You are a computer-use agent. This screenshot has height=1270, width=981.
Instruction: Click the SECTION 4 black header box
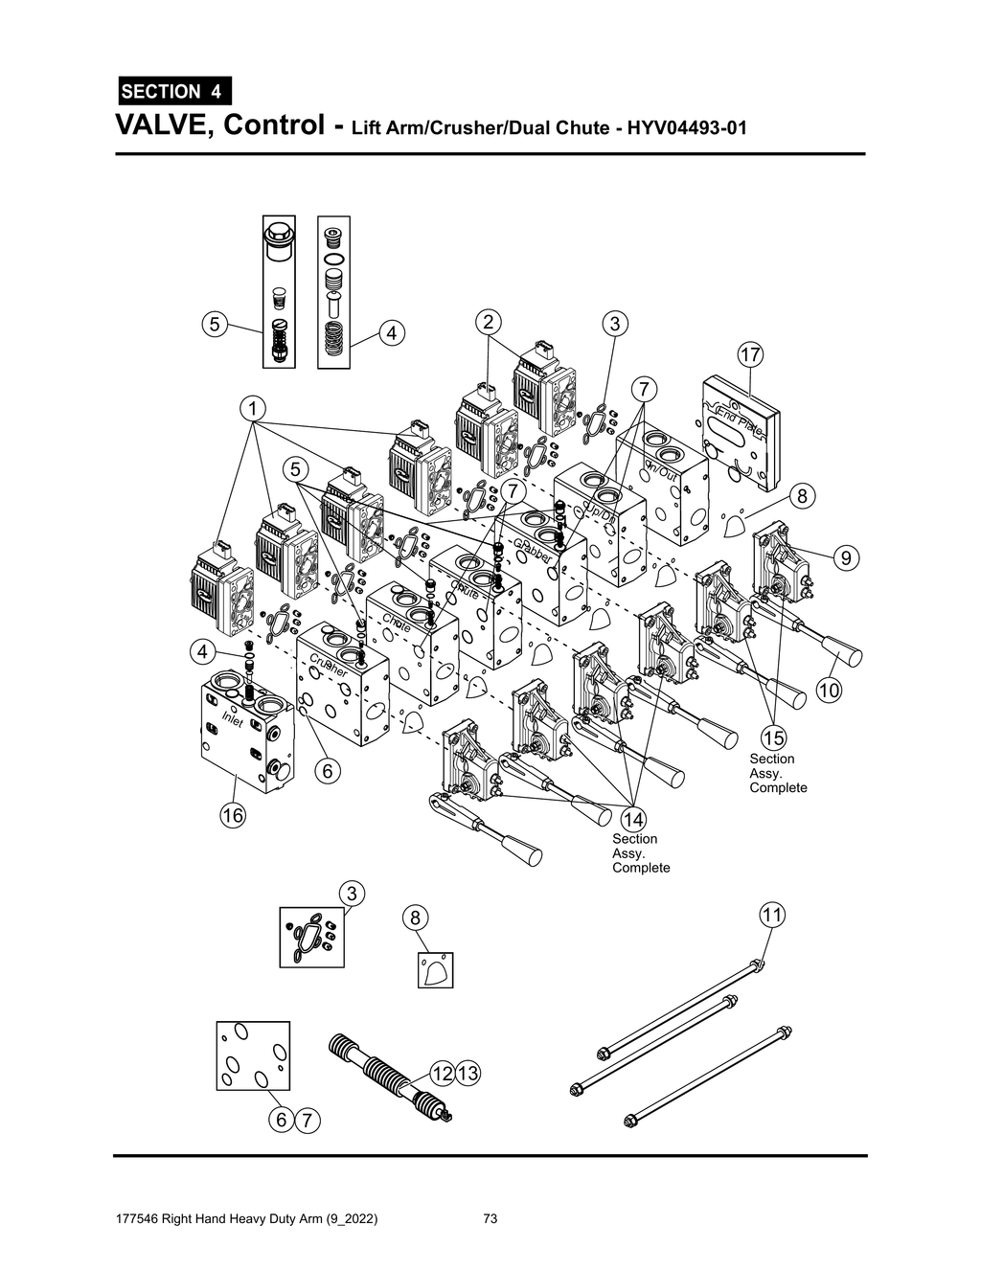pos(173,92)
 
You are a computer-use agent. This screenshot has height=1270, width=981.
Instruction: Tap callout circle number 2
pos(489,322)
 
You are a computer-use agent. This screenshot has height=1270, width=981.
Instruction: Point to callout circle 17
pos(749,355)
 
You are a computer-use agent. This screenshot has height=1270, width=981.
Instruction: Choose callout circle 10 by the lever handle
pos(829,690)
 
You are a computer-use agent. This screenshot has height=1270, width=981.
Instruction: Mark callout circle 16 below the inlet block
pos(233,815)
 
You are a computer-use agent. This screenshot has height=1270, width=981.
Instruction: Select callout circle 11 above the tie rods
pos(772,915)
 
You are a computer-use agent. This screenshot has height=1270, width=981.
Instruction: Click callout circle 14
pos(633,819)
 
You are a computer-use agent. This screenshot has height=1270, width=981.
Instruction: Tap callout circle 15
pos(773,737)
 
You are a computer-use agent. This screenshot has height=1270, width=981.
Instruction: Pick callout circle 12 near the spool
pos(442,1074)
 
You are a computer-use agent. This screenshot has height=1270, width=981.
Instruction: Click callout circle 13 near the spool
pos(467,1074)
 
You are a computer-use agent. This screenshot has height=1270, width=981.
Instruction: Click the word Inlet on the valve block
pos(233,719)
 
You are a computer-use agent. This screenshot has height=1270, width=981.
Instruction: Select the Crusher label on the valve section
pos(328,666)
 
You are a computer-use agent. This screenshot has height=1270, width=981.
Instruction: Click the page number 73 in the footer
pos(490,1219)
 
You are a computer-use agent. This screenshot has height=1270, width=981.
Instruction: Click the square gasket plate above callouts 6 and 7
pos(252,1055)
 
